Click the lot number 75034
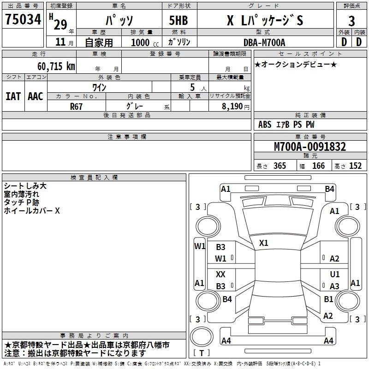click(x=23, y=19)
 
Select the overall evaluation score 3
click(x=351, y=21)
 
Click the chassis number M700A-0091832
click(x=309, y=147)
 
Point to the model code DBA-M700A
click(x=264, y=42)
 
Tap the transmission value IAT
click(x=13, y=96)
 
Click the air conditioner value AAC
click(x=36, y=96)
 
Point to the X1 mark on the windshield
click(x=264, y=243)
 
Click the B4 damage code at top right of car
click(x=329, y=189)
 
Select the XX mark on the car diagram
click(x=221, y=274)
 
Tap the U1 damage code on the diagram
click(x=334, y=274)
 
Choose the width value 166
click(x=318, y=166)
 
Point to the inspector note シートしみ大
click(x=25, y=186)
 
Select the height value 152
click(x=355, y=166)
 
